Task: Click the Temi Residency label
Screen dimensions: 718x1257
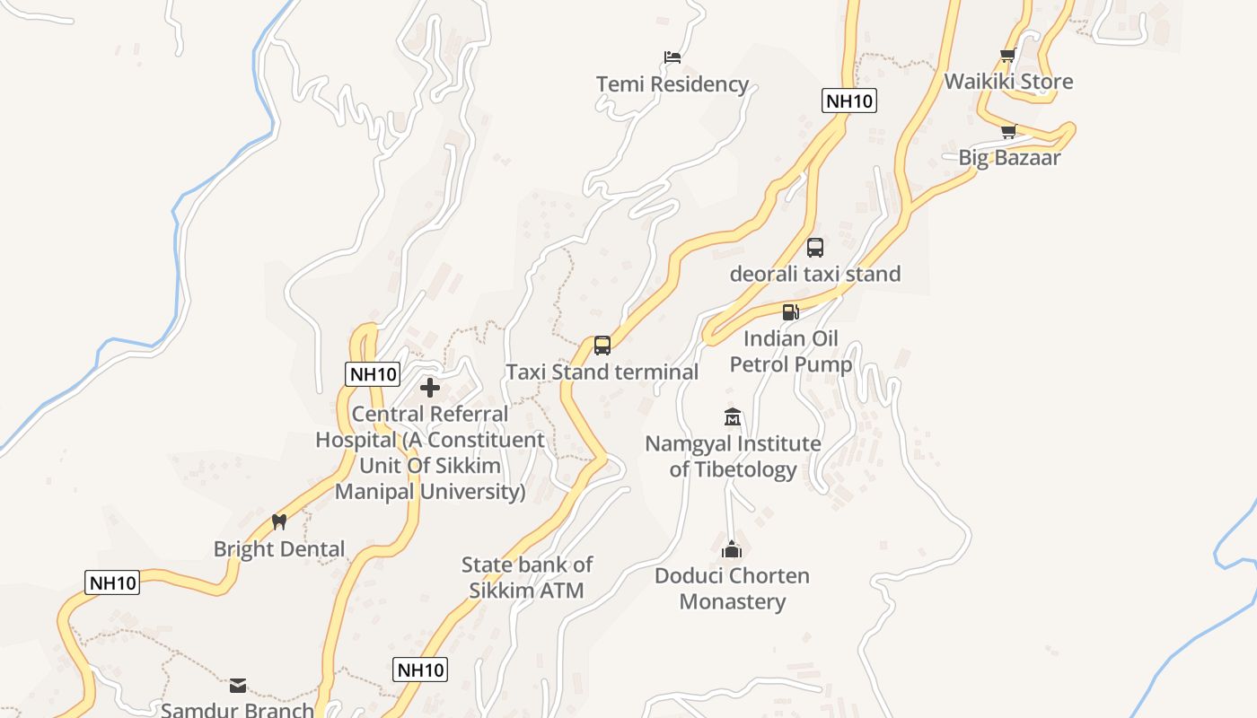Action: click(x=672, y=84)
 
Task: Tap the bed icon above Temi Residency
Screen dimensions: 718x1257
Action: click(x=672, y=57)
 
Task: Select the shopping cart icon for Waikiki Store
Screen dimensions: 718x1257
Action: click(x=1008, y=56)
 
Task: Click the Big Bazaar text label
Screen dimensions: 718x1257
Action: click(x=1009, y=158)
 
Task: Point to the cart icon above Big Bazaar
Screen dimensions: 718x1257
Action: click(x=1008, y=132)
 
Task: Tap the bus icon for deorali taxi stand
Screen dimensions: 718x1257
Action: click(x=815, y=248)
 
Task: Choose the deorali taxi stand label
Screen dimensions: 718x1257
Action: click(x=814, y=274)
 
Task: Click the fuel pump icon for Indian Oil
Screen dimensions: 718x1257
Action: click(x=790, y=312)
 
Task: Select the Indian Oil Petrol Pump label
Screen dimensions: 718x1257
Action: click(x=790, y=351)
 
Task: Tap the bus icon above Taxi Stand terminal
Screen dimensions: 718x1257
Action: click(x=602, y=346)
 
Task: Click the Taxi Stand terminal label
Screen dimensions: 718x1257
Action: click(x=602, y=372)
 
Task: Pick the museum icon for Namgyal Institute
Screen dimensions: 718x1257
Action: click(x=733, y=417)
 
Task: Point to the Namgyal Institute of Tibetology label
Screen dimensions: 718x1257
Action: click(x=733, y=456)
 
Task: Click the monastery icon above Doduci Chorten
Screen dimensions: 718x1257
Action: click(x=732, y=549)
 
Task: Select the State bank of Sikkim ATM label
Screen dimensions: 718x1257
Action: click(x=527, y=577)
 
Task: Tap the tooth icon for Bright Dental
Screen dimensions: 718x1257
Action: click(x=279, y=522)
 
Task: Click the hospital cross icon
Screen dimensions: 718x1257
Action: click(x=430, y=388)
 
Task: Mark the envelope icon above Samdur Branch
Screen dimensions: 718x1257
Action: click(x=238, y=686)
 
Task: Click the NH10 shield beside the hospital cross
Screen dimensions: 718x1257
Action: click(x=373, y=374)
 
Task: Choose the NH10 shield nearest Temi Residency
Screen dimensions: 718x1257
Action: click(x=848, y=101)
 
